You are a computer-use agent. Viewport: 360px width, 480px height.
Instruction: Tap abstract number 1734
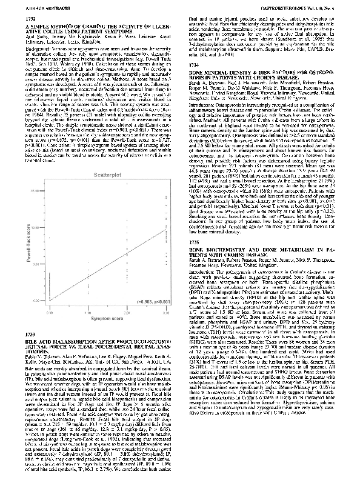tap(194, 63)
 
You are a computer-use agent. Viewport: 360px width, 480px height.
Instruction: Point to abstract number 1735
tap(194, 224)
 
